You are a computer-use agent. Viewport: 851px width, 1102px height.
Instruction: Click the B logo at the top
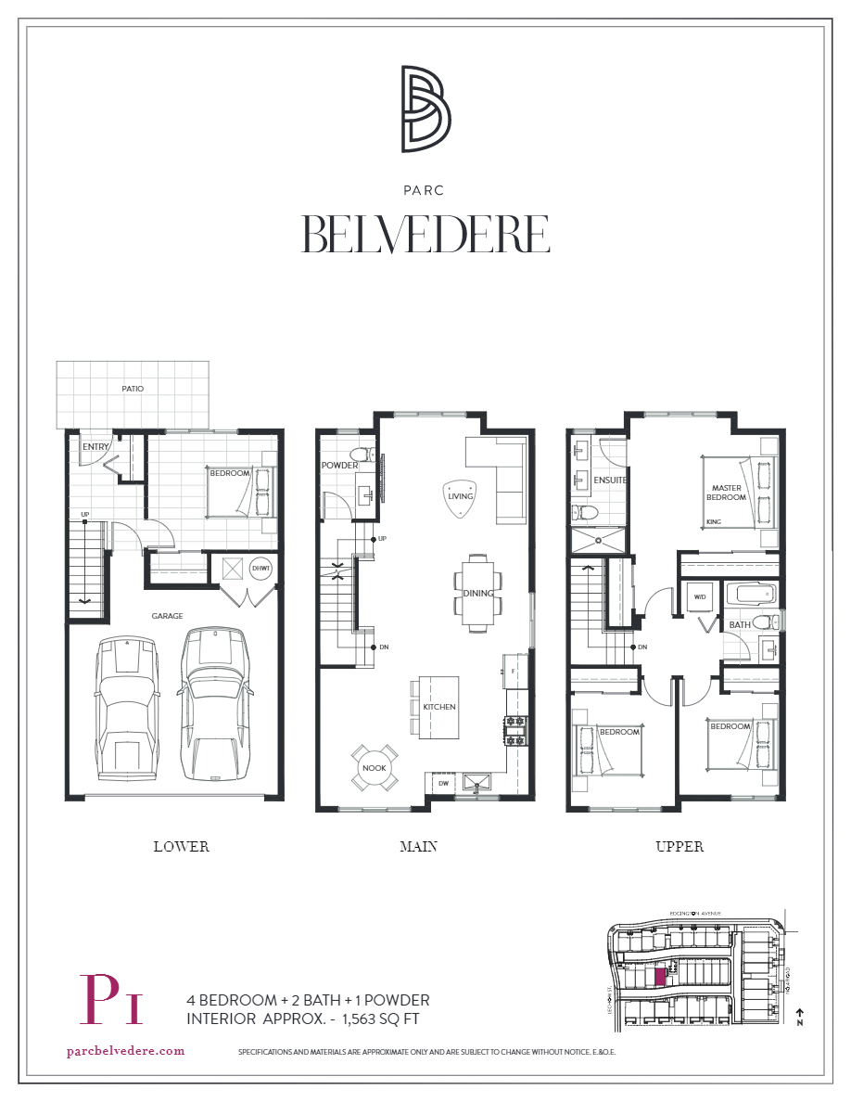click(425, 109)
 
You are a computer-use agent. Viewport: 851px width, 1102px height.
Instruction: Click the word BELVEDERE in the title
click(425, 234)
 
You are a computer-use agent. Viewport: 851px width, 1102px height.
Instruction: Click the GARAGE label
click(168, 615)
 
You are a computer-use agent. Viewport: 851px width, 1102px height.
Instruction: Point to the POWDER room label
click(339, 466)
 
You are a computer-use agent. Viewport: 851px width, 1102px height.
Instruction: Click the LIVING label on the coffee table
click(460, 495)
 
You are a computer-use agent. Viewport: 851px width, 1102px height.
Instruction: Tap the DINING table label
click(478, 593)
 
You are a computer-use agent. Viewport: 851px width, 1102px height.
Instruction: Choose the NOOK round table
click(375, 768)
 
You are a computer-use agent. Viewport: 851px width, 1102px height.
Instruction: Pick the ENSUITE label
click(610, 481)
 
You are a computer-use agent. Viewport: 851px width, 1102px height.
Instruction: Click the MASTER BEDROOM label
click(728, 493)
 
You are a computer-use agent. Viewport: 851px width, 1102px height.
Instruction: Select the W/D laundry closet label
click(700, 596)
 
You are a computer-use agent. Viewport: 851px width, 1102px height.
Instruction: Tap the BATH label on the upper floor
click(739, 624)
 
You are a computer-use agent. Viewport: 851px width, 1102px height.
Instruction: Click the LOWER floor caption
click(181, 846)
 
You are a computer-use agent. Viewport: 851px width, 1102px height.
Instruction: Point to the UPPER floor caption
click(679, 846)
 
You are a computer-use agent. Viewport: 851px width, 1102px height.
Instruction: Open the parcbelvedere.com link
click(126, 1051)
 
